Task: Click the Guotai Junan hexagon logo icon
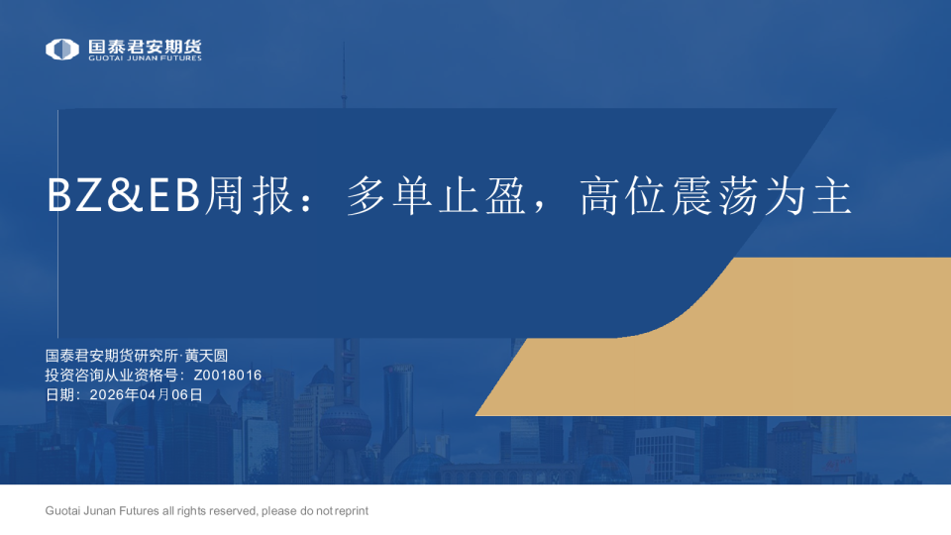pos(62,49)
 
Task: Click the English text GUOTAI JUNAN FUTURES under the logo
pos(145,58)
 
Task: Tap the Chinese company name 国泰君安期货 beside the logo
pos(145,46)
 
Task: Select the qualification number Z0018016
pos(228,375)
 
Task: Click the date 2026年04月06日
pos(146,394)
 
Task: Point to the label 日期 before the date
pos(58,394)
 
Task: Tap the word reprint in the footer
pos(352,511)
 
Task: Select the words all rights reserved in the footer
pos(211,511)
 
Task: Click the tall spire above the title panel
pos(344,79)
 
